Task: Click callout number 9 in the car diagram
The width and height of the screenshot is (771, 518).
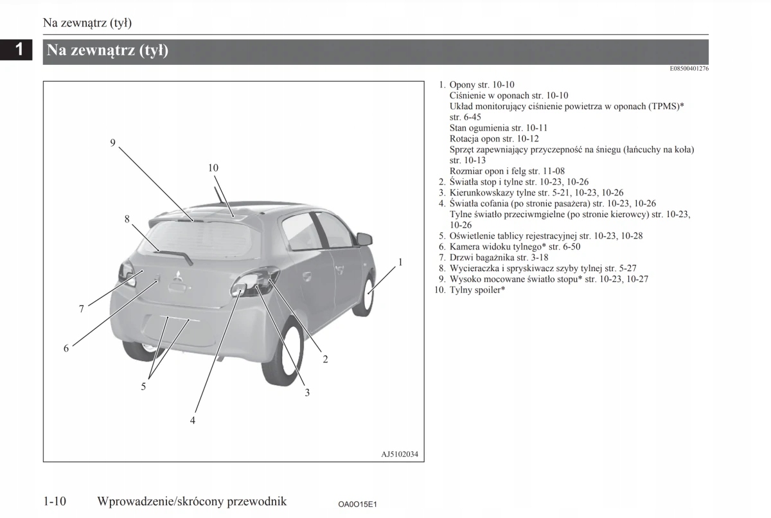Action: click(x=112, y=143)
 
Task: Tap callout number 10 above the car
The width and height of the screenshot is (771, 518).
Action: click(x=213, y=168)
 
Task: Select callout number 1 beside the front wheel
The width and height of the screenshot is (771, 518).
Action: click(x=400, y=262)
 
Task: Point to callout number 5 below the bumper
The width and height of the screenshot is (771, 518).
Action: click(x=144, y=386)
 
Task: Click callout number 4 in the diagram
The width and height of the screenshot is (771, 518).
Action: click(x=192, y=420)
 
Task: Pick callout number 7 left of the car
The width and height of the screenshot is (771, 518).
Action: click(x=82, y=309)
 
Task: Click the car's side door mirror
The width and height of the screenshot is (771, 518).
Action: click(x=364, y=239)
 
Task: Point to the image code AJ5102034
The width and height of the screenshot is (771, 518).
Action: click(x=400, y=454)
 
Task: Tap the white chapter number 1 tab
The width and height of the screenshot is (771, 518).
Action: click(x=20, y=49)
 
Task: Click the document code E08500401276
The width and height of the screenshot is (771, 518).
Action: click(x=689, y=69)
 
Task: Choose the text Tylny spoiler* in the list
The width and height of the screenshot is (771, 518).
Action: click(x=477, y=290)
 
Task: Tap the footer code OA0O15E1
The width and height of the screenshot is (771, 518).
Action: click(x=357, y=504)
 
